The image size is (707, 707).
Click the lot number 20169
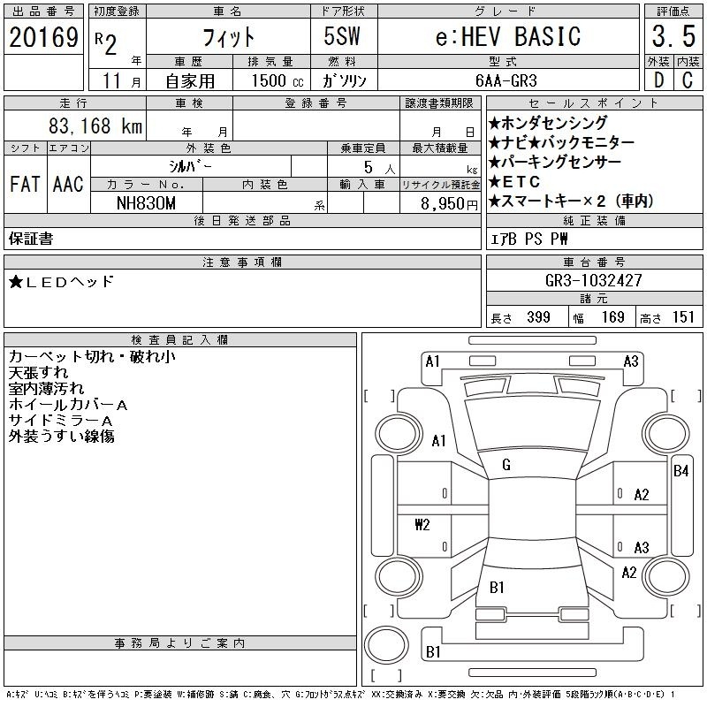point(43,37)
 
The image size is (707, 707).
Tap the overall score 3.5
point(673,36)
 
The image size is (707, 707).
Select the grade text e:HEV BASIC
point(508,36)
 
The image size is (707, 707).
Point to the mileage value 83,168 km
point(95,125)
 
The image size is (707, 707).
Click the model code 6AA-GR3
point(506,80)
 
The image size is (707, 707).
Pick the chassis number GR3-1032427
point(593,280)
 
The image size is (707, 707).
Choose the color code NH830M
point(146,203)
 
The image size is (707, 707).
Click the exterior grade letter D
point(658,80)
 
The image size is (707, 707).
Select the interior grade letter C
point(688,80)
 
